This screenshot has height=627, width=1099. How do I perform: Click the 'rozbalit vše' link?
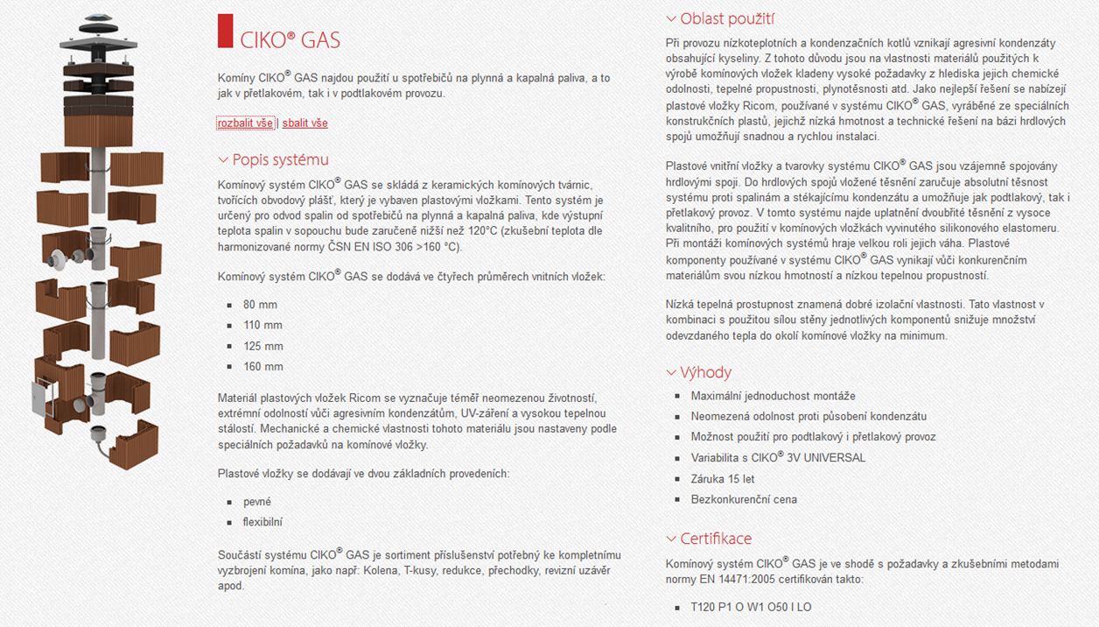pyautogui.click(x=245, y=123)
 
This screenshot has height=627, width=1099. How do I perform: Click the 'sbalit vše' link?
pyautogui.click(x=304, y=123)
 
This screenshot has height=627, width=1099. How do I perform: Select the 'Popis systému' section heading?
pyautogui.click(x=280, y=159)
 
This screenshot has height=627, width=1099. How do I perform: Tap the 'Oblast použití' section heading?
pyautogui.click(x=727, y=18)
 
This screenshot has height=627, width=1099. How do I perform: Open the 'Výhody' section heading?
pyautogui.click(x=705, y=372)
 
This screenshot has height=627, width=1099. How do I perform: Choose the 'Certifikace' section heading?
pyautogui.click(x=716, y=539)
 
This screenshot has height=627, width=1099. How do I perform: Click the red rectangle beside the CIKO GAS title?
pyautogui.click(x=225, y=31)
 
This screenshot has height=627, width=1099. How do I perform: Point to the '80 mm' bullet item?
pyautogui.click(x=260, y=305)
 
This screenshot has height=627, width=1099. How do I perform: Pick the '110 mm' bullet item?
pyautogui.click(x=262, y=325)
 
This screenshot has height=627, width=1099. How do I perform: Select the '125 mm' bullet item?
pyautogui.click(x=262, y=346)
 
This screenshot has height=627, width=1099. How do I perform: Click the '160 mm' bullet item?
pyautogui.click(x=262, y=367)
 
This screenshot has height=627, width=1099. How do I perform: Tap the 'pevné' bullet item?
pyautogui.click(x=257, y=502)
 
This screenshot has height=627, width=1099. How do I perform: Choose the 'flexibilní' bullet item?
pyautogui.click(x=262, y=522)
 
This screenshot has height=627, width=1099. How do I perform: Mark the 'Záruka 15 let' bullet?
pyautogui.click(x=723, y=479)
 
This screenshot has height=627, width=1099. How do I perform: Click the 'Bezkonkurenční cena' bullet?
pyautogui.click(x=744, y=499)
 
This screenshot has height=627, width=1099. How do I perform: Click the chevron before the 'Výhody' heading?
pyautogui.click(x=671, y=373)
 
